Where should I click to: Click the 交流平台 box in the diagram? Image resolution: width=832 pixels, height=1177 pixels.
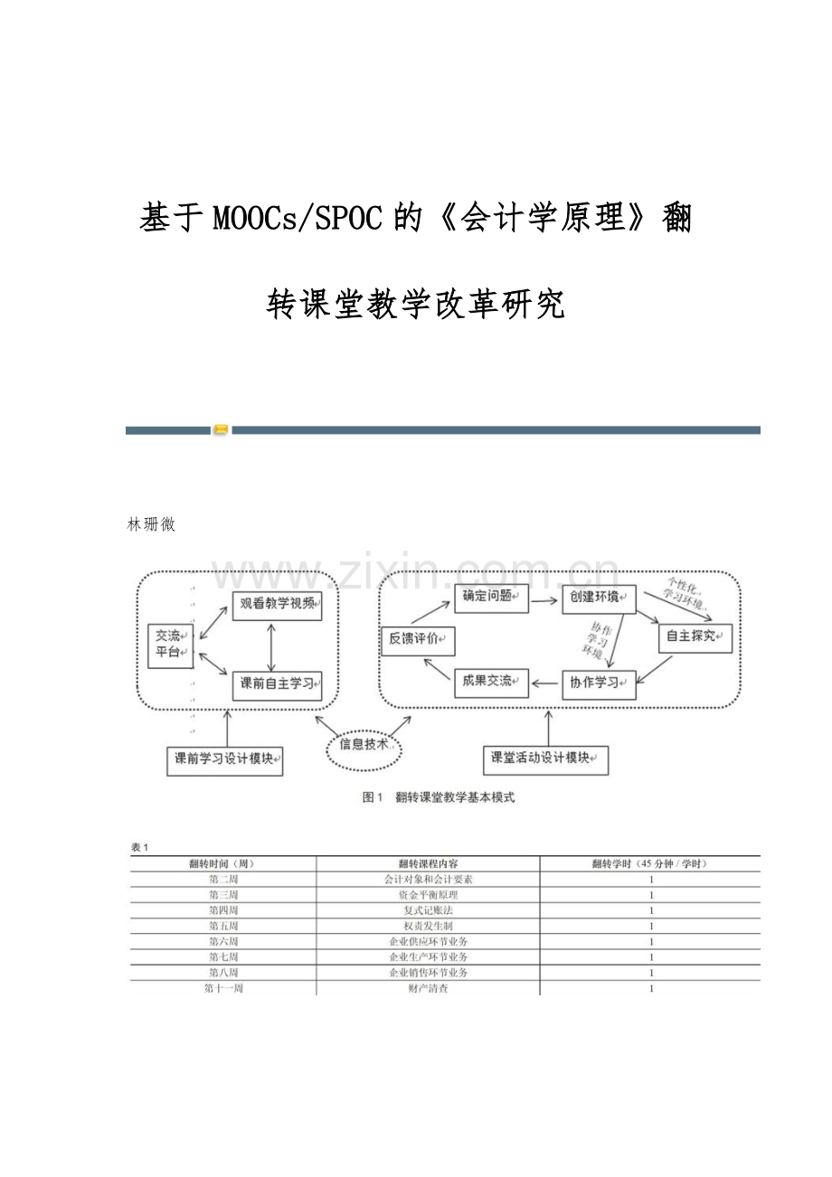pos(170,644)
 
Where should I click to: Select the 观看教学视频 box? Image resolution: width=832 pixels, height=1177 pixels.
pos(278,603)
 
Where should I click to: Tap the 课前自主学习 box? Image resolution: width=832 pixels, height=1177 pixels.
pos(278,683)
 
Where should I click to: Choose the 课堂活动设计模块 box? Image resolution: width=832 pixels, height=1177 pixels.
pos(544,758)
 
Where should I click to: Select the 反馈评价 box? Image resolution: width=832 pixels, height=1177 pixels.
pos(417,639)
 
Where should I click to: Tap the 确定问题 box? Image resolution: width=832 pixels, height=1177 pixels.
pos(491,598)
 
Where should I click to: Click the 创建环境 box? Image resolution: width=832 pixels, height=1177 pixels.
pos(599,598)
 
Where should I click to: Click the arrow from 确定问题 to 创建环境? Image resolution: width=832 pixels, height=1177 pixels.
pos(544,598)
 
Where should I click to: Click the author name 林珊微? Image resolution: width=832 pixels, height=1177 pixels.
pos(152,524)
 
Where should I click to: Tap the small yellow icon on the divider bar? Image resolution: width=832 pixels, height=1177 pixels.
pos(221,430)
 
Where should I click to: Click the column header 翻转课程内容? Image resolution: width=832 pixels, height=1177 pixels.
pos(428,863)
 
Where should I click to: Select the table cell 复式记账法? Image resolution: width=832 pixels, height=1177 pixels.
pos(428,910)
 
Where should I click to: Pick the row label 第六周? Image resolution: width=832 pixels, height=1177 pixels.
pos(223,942)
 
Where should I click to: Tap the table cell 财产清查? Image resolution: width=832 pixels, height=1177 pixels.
pos(428,989)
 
